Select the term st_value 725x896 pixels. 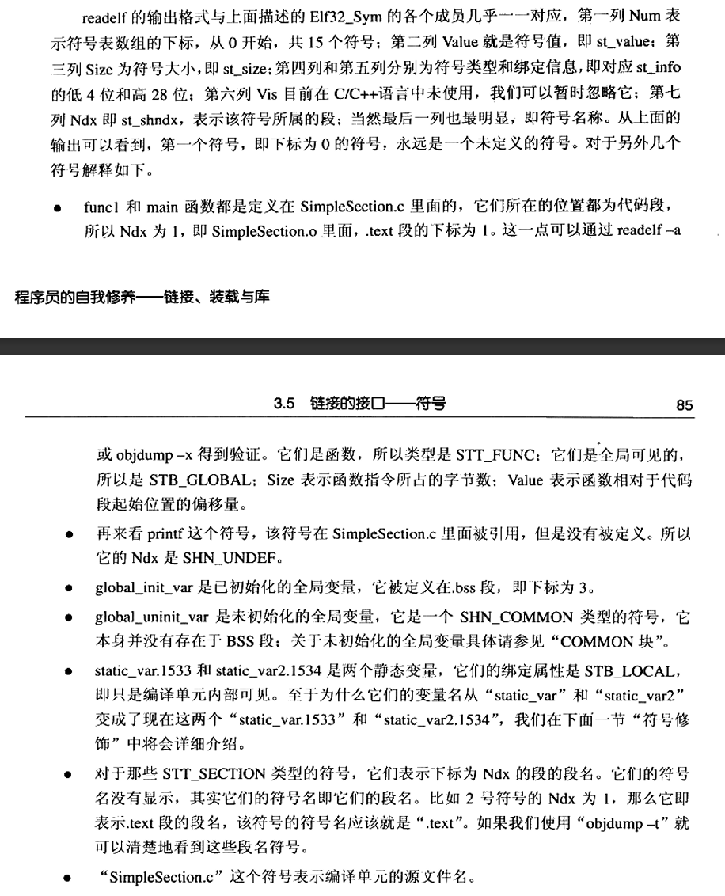pyautogui.click(x=620, y=39)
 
